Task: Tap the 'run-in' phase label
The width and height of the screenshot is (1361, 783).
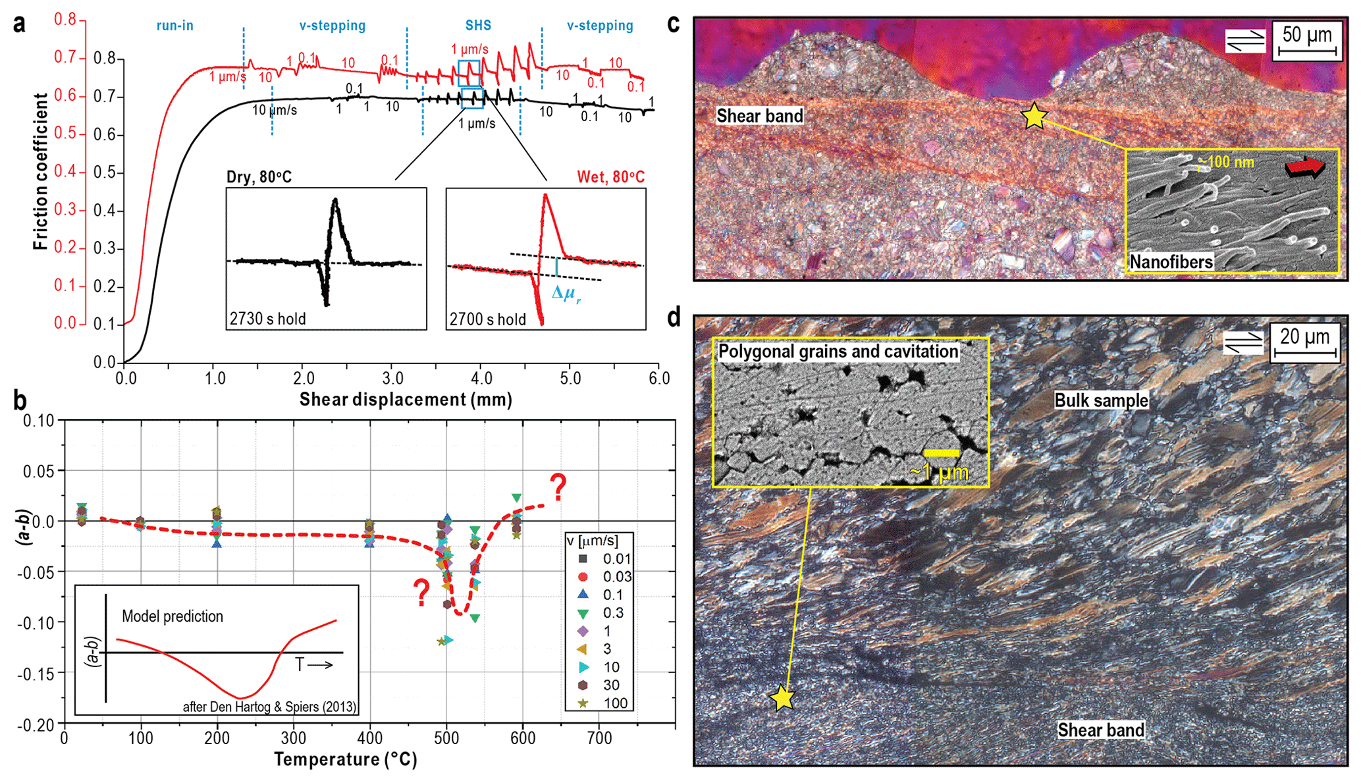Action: click(174, 26)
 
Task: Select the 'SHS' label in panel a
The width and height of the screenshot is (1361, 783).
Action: click(478, 26)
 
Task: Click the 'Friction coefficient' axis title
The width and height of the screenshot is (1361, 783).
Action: click(41, 171)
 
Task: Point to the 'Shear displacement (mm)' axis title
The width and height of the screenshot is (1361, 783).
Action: click(406, 400)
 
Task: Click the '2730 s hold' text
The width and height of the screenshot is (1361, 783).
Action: click(268, 319)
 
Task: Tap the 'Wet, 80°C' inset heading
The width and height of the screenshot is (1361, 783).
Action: click(610, 177)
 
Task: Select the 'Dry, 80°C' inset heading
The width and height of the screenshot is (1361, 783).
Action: click(259, 177)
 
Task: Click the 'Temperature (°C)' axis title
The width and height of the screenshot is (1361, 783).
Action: click(346, 760)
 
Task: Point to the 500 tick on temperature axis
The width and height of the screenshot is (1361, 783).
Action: click(446, 738)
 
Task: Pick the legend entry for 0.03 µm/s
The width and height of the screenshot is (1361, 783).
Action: click(600, 577)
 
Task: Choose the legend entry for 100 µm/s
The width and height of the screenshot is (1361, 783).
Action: click(600, 703)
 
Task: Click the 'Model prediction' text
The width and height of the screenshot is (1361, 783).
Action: click(173, 616)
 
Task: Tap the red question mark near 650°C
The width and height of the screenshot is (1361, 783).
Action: click(558, 488)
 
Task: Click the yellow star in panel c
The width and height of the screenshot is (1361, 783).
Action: click(1034, 116)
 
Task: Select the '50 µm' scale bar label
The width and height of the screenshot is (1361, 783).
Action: click(1306, 36)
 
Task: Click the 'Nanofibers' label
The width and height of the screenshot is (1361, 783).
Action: click(1171, 262)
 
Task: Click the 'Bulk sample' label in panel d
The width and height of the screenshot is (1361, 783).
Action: click(1101, 400)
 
